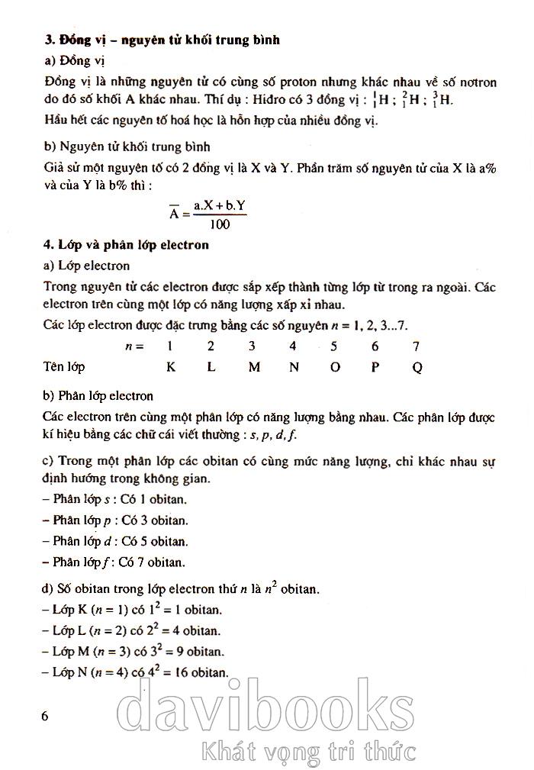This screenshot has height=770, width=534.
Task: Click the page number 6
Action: coord(45,717)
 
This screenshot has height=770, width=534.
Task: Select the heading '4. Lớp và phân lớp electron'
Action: coord(127,245)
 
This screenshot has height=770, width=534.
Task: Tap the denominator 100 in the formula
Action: coord(218,224)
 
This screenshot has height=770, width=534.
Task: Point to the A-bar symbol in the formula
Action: coord(175,214)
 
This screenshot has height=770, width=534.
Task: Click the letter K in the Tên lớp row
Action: coord(171,366)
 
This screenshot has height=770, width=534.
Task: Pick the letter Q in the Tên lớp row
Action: coord(417,367)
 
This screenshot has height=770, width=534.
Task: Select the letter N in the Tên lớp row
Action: coord(294,366)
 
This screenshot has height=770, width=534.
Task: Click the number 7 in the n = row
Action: coord(416,346)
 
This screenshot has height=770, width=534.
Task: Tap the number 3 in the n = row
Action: coord(252,346)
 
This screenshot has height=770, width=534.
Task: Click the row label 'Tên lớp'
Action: coord(64,366)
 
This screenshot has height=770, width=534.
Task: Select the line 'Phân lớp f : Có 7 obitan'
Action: coord(114,563)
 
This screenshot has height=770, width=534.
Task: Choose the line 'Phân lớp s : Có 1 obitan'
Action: coord(115,499)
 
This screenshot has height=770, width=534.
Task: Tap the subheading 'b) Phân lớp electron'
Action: coord(98,395)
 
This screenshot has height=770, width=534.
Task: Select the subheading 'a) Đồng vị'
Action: coord(68,60)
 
